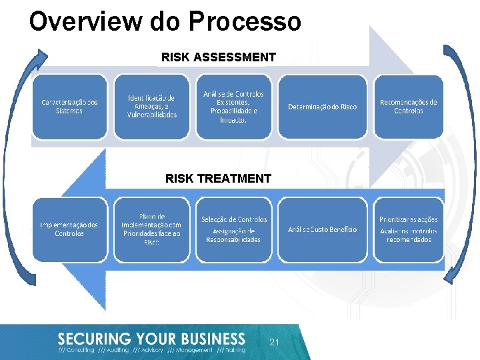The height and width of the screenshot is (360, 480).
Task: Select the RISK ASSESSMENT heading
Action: pyautogui.click(x=218, y=57)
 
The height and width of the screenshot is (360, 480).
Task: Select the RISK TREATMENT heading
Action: pyautogui.click(x=218, y=178)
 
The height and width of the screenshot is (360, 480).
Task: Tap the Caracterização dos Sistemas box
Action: pyautogui.click(x=69, y=107)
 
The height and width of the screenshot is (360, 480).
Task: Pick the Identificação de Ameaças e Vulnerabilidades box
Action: pyautogui.click(x=152, y=107)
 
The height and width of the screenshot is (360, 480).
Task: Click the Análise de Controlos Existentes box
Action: pyautogui.click(x=233, y=107)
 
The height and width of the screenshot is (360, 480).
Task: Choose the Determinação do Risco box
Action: pyautogui.click(x=322, y=107)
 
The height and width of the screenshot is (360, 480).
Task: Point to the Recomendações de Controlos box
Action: pyautogui.click(x=408, y=107)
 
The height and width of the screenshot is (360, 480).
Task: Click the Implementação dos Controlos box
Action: pyautogui.click(x=69, y=229)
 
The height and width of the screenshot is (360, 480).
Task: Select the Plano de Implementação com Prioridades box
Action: pyautogui.click(x=152, y=229)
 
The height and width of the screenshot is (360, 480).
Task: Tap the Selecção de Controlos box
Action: pyautogui.click(x=233, y=229)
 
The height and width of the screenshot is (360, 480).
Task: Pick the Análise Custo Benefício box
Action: pyautogui.click(x=322, y=229)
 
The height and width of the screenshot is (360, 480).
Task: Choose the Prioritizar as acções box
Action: pyautogui.click(x=408, y=229)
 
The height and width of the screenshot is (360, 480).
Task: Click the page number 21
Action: pyautogui.click(x=274, y=341)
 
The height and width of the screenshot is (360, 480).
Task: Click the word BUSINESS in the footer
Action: pyautogui.click(x=207, y=339)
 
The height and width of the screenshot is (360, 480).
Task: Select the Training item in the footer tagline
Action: pyautogui.click(x=233, y=350)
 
